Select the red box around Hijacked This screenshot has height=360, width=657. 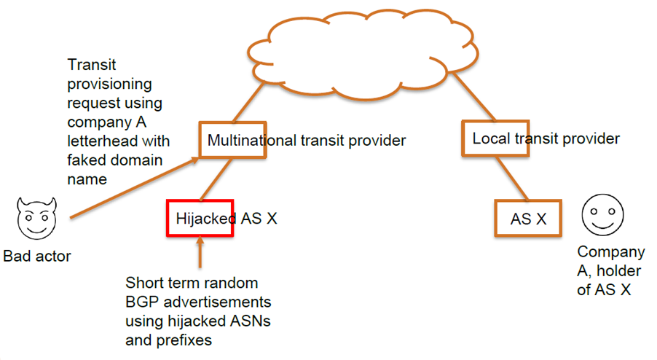pyautogui.click(x=200, y=218)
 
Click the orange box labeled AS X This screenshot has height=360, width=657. pyautogui.click(x=528, y=218)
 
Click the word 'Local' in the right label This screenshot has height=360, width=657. pyautogui.click(x=491, y=138)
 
